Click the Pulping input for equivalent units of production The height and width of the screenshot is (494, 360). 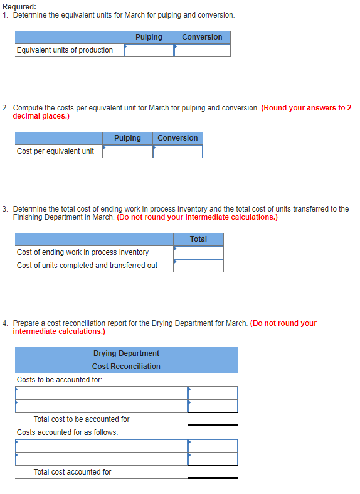tap(149, 50)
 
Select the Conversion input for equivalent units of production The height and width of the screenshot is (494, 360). tap(202, 50)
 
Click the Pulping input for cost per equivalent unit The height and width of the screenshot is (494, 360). tap(127, 151)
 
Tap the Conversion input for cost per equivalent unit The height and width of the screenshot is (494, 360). tap(177, 151)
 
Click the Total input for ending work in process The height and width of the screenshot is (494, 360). tap(198, 252)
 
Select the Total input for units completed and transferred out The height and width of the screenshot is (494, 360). tap(198, 266)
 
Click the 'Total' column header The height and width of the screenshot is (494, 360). tap(198, 239)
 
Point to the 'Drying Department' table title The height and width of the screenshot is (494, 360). tap(126, 353)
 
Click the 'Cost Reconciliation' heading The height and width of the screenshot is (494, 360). tap(126, 367)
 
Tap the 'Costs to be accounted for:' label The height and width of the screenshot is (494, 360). tap(60, 380)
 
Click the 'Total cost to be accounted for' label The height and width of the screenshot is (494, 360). tap(82, 419)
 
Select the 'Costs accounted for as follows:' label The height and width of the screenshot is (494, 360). tap(67, 432)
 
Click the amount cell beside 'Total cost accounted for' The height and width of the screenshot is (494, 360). tap(213, 472)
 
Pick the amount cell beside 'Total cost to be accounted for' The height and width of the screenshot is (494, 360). tap(213, 419)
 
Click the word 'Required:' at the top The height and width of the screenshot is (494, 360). tap(19, 6)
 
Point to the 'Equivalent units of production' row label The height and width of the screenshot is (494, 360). tap(65, 50)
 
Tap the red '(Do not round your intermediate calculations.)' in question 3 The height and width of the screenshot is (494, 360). tap(197, 217)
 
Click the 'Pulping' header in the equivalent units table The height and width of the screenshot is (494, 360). tap(149, 37)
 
